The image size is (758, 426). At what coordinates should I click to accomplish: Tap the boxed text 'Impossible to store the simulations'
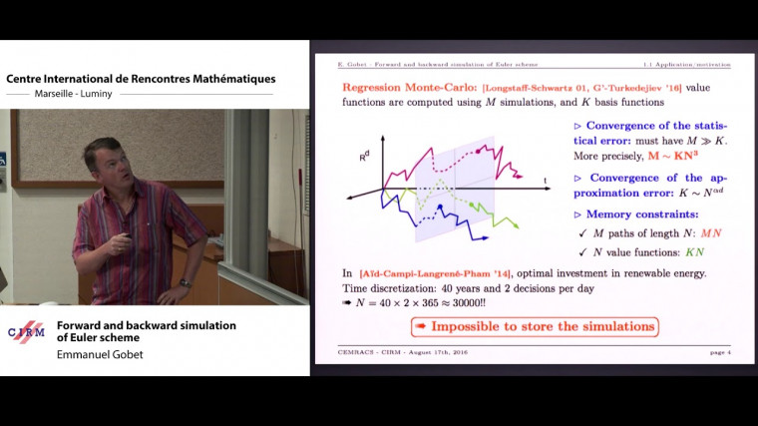[x=534, y=326]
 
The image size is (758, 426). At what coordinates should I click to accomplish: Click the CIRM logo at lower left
[x=26, y=332]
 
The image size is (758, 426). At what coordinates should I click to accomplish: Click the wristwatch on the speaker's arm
[x=185, y=282]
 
